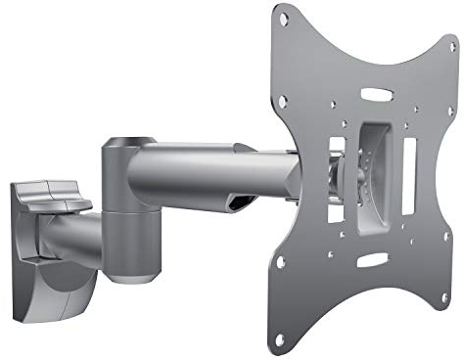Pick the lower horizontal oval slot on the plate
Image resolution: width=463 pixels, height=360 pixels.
click(371, 260)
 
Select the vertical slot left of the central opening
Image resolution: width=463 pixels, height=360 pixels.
click(333, 161)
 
